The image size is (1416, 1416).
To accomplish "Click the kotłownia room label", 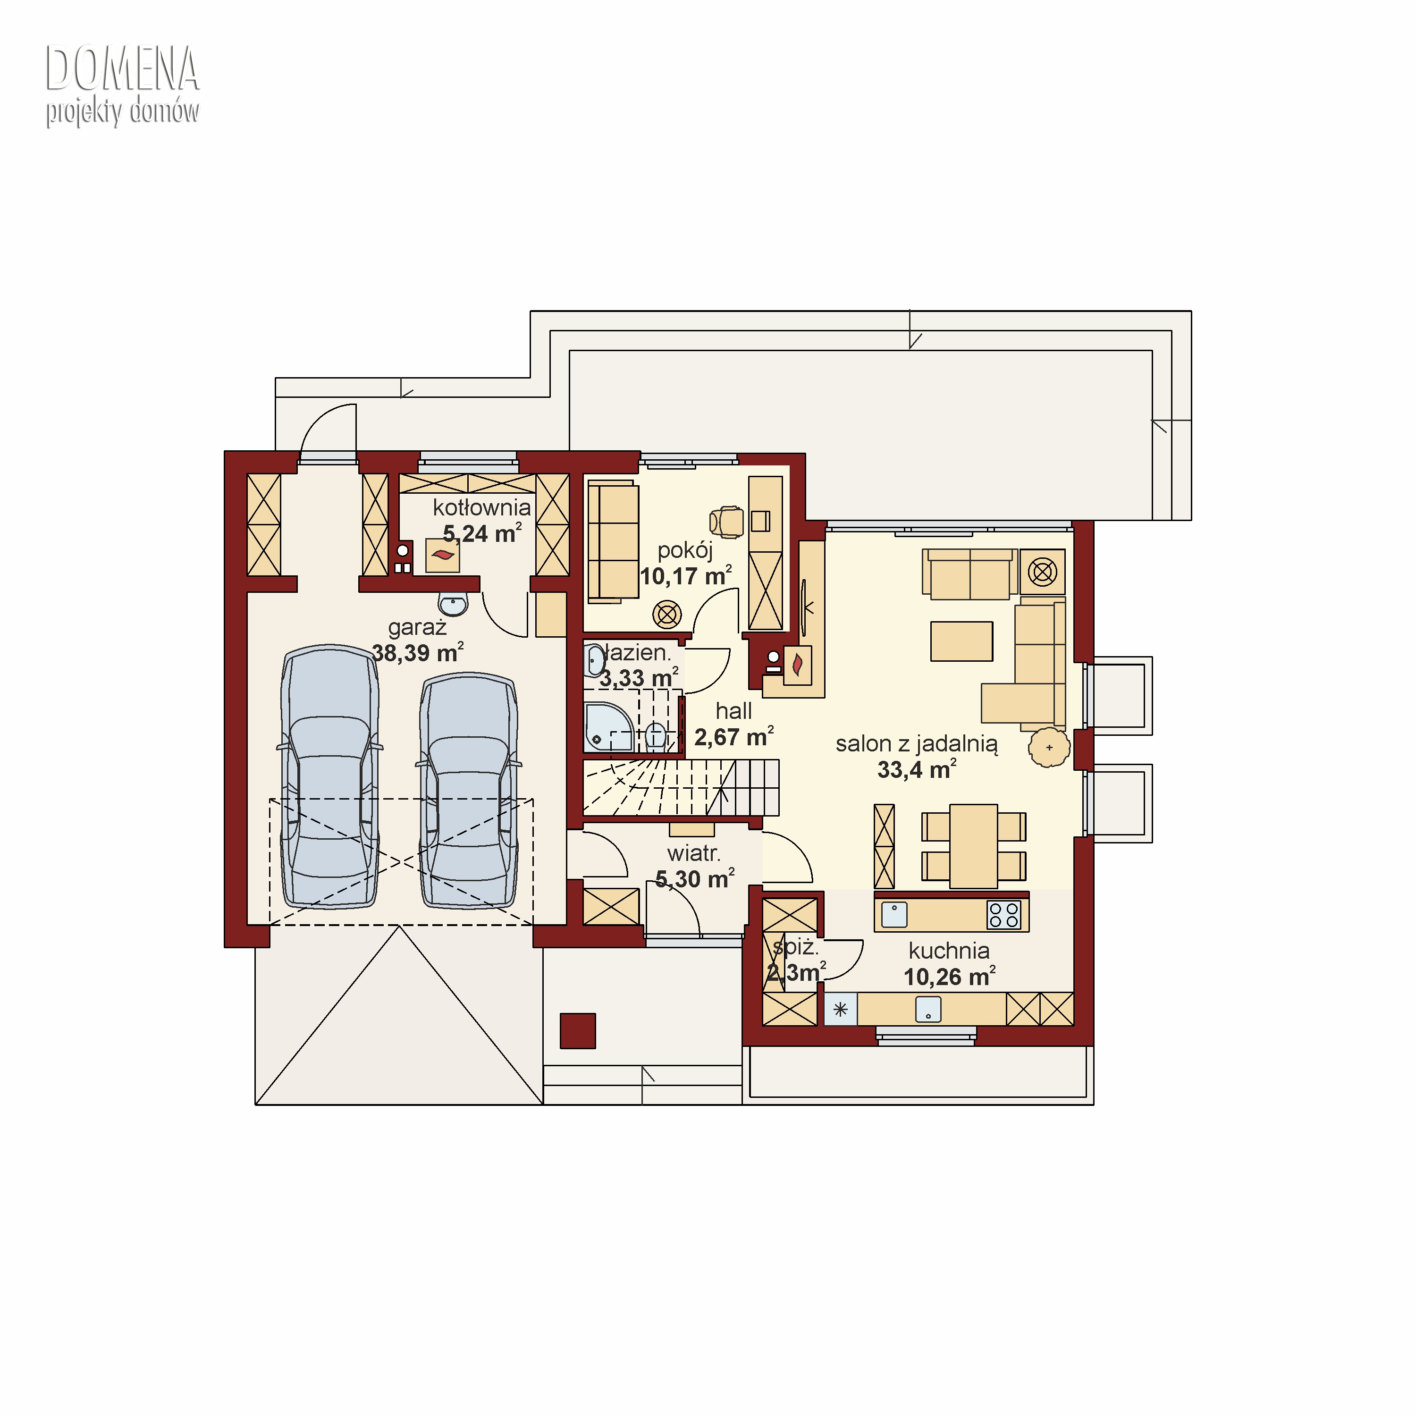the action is tap(481, 507).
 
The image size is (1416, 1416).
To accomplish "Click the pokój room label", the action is tap(685, 550).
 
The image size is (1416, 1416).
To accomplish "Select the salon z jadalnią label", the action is tap(917, 743).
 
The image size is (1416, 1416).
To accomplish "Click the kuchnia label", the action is tap(949, 951).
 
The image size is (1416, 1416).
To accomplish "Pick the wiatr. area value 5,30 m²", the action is tap(695, 879).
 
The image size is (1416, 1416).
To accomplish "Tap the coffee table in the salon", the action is tap(961, 641).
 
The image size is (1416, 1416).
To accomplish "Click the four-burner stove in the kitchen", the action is tap(1003, 915).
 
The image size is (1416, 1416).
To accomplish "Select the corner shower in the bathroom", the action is tap(607, 727).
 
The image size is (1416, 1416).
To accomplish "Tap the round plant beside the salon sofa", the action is tap(1050, 748).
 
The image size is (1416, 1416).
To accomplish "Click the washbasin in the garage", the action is tap(453, 605).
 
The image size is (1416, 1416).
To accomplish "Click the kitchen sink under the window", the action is tap(928, 1009).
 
